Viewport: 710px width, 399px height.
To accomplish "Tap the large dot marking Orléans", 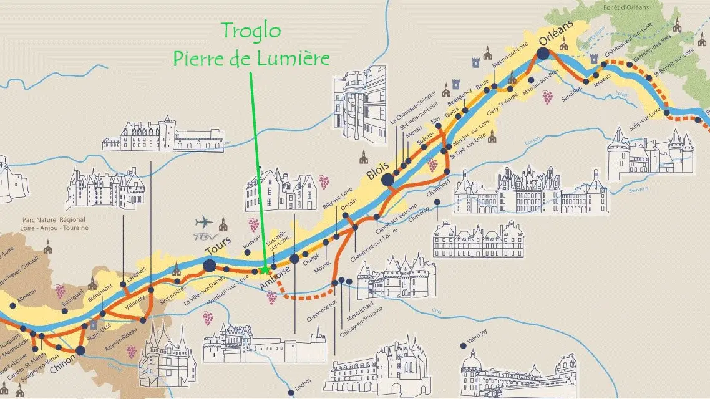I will click(542, 54).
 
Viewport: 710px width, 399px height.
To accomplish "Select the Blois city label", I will click(377, 170).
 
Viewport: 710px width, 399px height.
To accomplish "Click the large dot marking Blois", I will click(388, 180).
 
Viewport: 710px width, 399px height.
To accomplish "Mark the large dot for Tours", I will click(209, 266).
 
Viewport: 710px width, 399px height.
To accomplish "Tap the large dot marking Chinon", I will click(80, 350).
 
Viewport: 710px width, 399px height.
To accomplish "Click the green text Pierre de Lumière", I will click(251, 59).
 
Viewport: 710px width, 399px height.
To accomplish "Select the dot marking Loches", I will click(291, 393).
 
